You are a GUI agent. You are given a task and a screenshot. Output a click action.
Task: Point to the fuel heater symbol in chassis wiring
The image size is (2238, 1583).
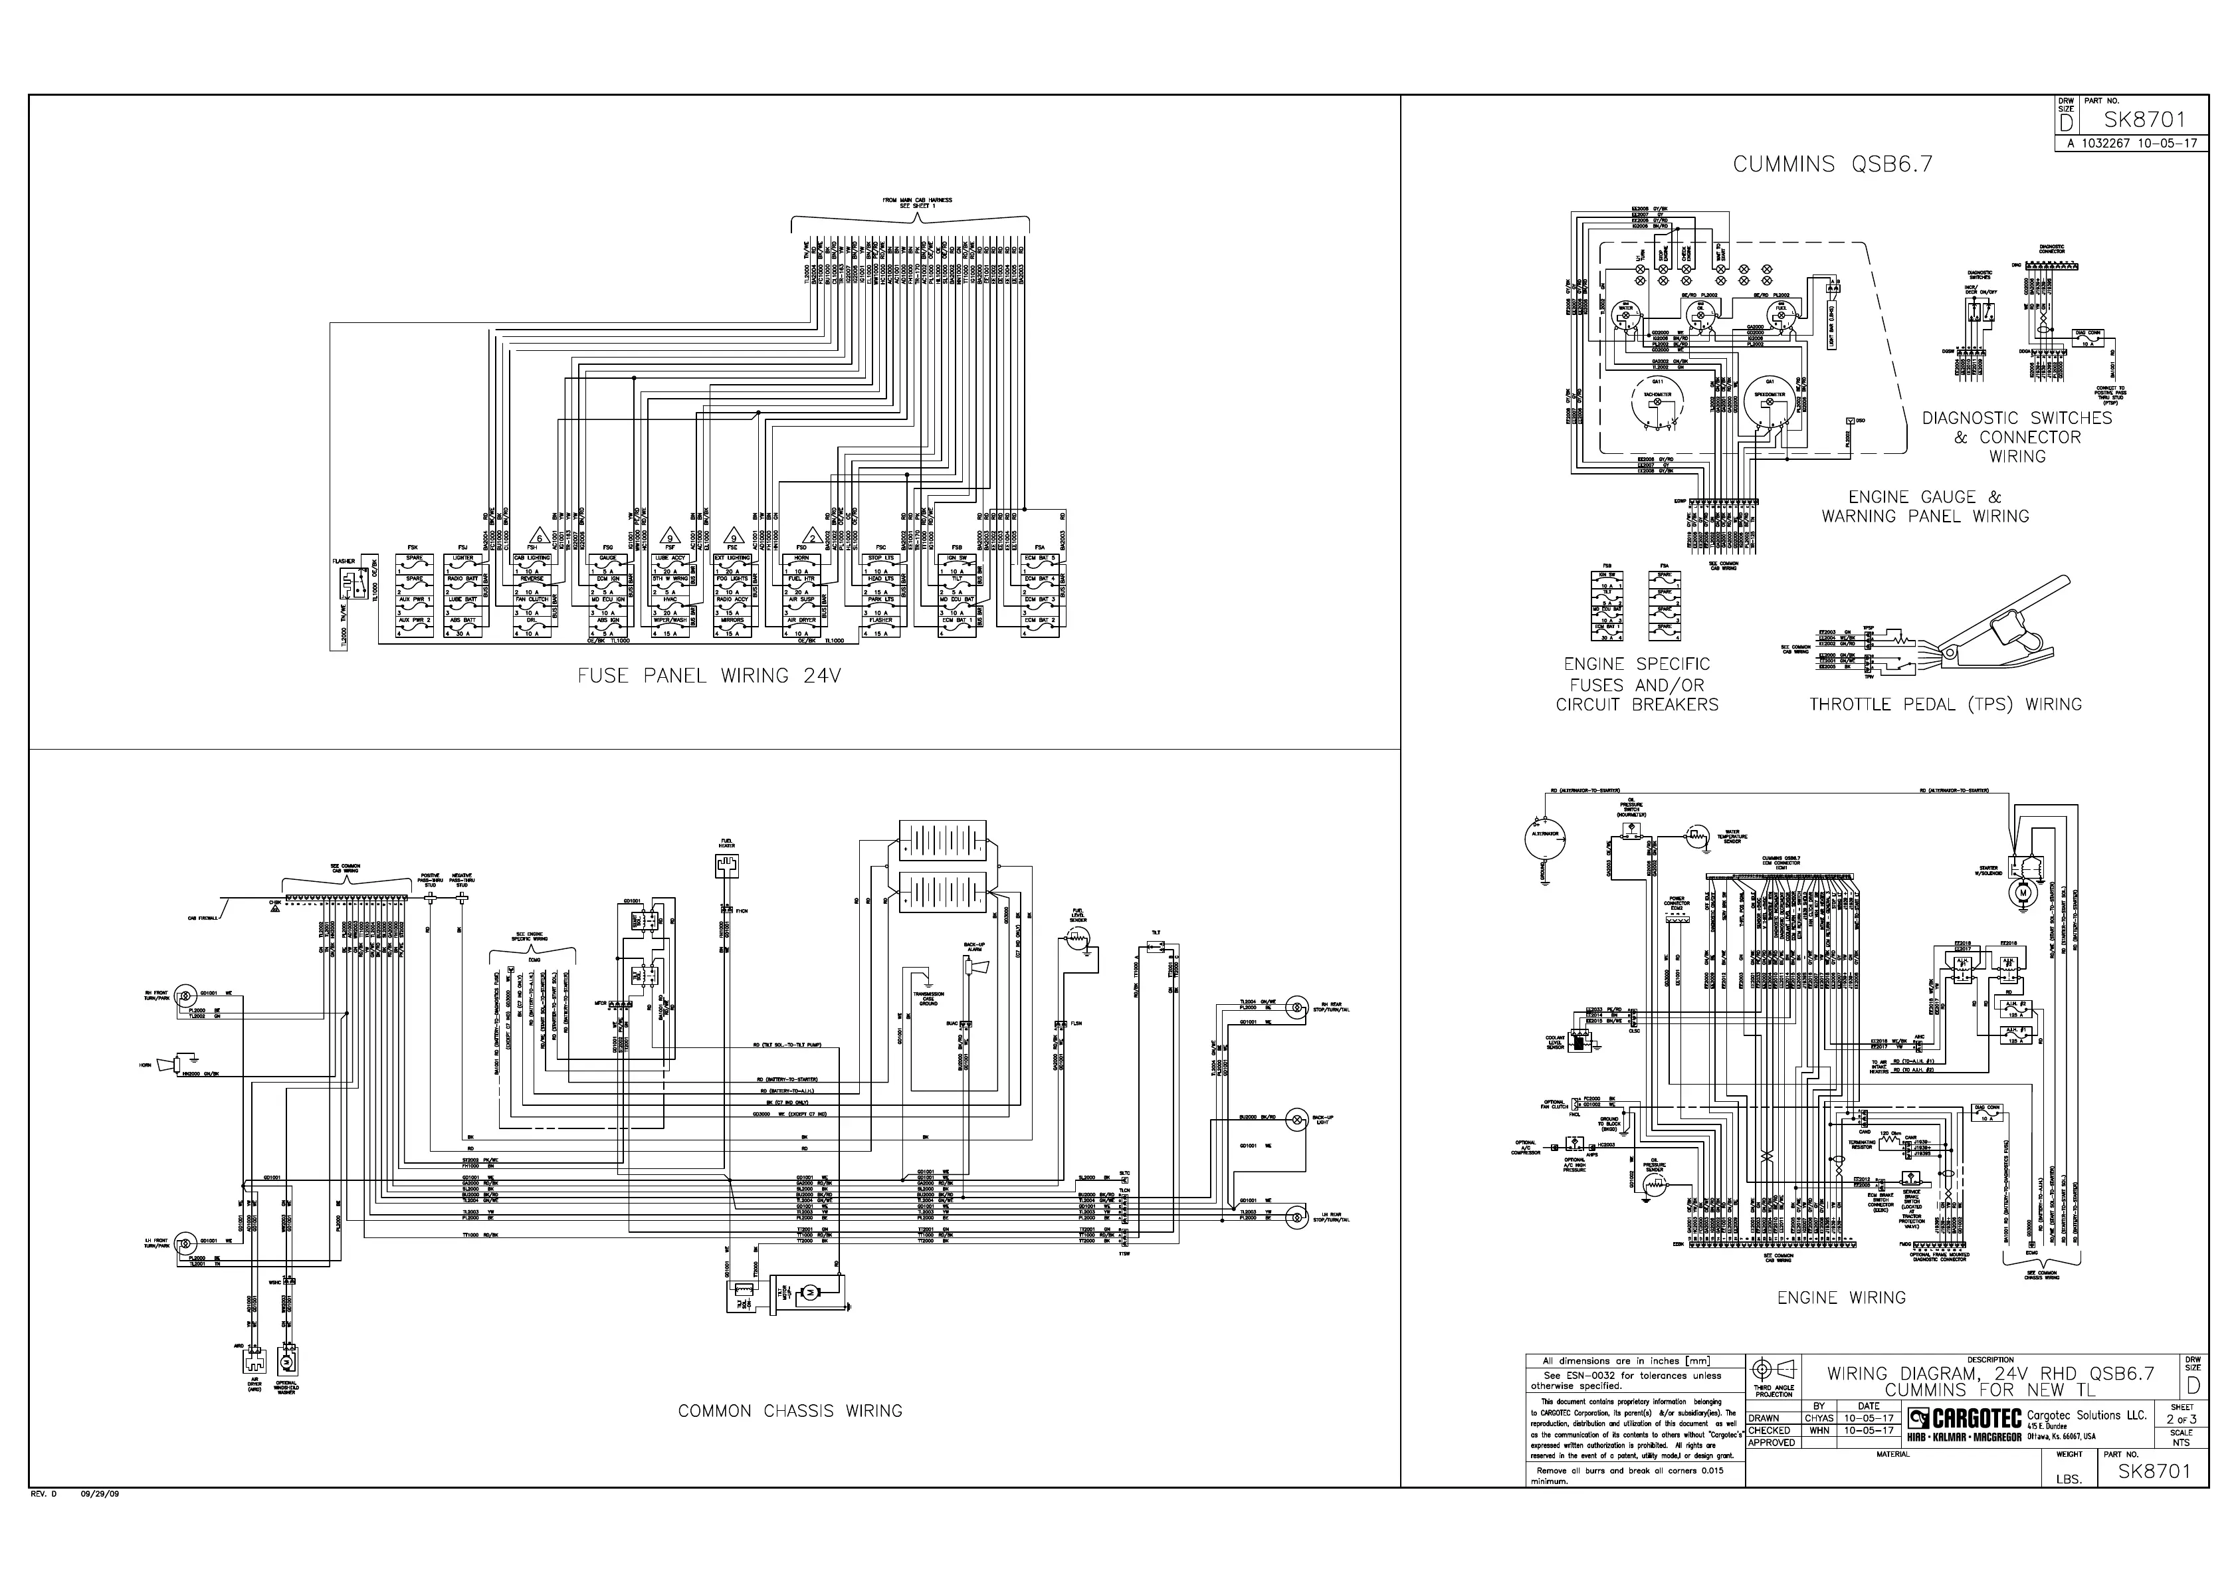(727, 865)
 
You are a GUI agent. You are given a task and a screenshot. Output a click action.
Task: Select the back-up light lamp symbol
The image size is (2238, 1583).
(1296, 1121)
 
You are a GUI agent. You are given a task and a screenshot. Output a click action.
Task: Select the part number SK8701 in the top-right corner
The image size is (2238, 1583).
(2144, 121)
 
